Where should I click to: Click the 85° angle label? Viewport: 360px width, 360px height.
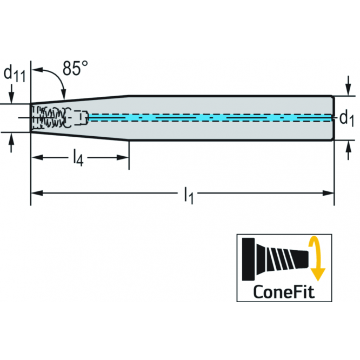[75, 68]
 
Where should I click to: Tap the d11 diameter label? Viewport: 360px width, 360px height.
[15, 74]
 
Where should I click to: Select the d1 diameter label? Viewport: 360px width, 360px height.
[346, 119]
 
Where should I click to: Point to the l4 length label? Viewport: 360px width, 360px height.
[78, 157]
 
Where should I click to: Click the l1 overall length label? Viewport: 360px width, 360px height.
[189, 195]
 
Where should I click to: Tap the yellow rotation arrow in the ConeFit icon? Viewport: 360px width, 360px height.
[316, 259]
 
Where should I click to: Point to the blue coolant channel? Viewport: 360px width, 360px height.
[210, 117]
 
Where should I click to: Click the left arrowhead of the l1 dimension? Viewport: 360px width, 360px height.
[37, 193]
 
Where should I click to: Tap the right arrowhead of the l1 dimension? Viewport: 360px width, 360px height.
[328, 193]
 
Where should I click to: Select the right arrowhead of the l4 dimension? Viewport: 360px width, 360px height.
[123, 157]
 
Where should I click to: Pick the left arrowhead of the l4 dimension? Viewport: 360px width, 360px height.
[37, 157]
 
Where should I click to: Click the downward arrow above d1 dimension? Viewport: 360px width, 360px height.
[349, 85]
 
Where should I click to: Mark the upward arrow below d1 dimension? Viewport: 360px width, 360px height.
[349, 150]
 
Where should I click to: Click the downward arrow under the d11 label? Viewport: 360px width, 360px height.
[11, 94]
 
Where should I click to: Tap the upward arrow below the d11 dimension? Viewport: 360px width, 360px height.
[11, 142]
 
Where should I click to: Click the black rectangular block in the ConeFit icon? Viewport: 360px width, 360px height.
[249, 259]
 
